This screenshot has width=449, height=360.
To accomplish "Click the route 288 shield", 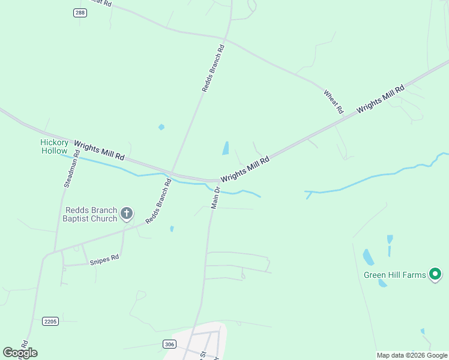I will pos(80,13).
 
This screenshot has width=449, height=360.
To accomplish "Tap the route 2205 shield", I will pos(50,322).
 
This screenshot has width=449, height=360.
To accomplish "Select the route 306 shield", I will pos(169,344).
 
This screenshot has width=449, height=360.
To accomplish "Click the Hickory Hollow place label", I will pos(54,146).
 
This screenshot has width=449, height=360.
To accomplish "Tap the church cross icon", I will pos(126,213).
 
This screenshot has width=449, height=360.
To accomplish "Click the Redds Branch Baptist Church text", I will pos(91,214).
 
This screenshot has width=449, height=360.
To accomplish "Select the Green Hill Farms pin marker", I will pos(436,274).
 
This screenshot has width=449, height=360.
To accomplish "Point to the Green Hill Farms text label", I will pos(394,275).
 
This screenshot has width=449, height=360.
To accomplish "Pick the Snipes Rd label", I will pos(104,259).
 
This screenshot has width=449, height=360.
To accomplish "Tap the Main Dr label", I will pos(216,197).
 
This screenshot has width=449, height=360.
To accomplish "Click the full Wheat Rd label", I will pos(333,102).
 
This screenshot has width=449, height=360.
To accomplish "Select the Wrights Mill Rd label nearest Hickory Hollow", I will pos(99,150).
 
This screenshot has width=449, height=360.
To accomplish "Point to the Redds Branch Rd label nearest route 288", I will pos(213,68).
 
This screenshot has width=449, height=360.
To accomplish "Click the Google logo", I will pos(20,353).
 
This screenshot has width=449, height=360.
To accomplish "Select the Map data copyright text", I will pos(412,355).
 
